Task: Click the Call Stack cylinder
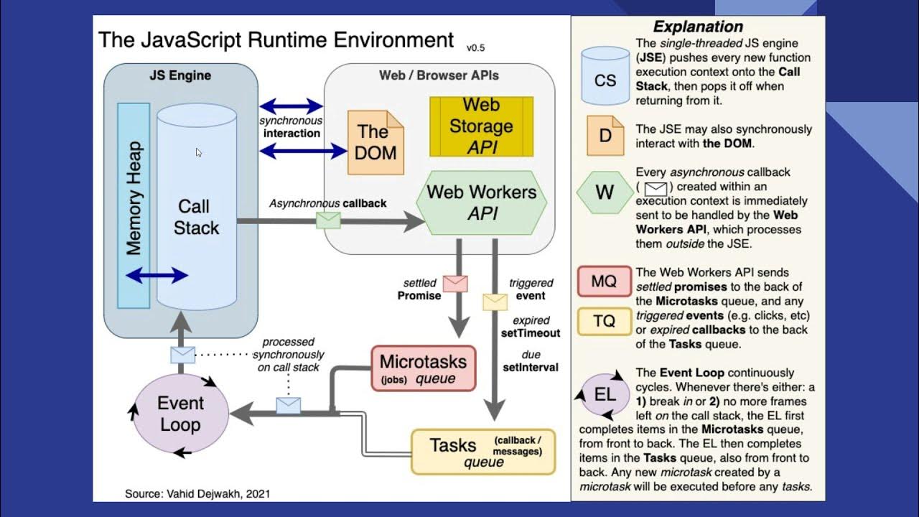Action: pos(196,215)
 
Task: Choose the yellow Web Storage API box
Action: pos(481,126)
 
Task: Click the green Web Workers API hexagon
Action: pos(482,202)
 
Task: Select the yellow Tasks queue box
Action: pos(483,452)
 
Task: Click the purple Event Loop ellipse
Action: pos(181,414)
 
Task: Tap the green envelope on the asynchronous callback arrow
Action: pos(328,220)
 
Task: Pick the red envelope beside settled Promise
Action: pos(455,283)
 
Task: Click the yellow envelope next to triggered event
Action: pos(495,302)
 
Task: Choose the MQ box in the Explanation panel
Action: pos(604,281)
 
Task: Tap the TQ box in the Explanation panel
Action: pos(604,321)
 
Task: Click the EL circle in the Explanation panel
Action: pos(605,394)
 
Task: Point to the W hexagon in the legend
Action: pos(605,192)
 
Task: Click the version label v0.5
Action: pos(476,48)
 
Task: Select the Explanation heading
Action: pos(697,27)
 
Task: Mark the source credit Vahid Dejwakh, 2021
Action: pos(197,493)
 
